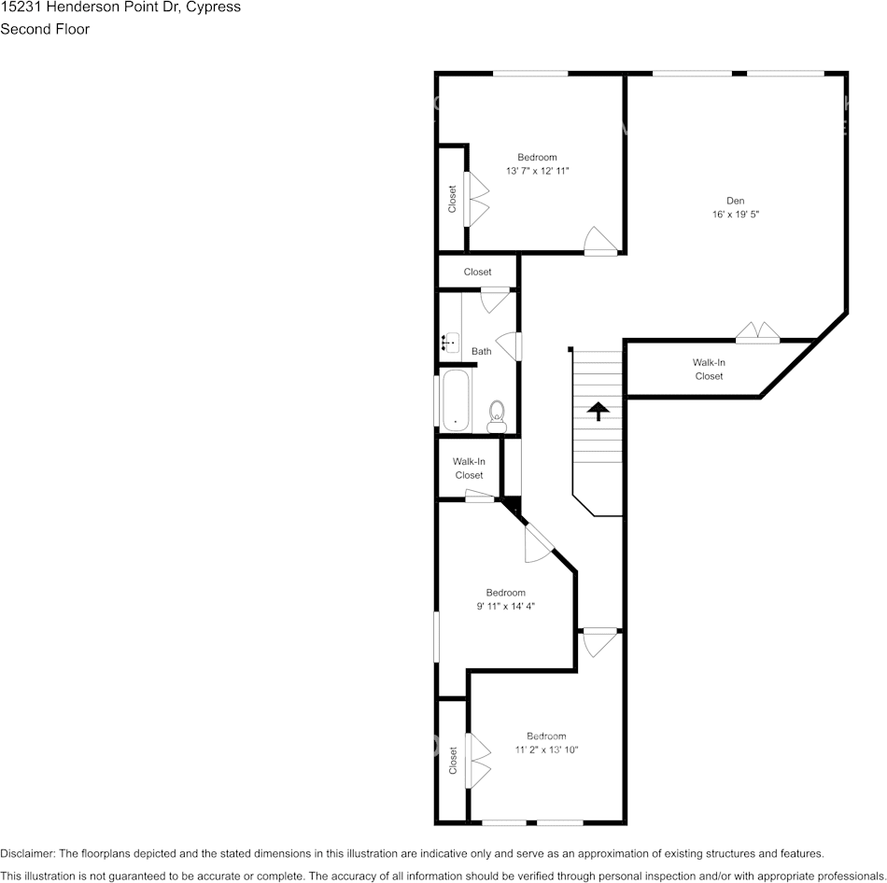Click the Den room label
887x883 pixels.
pos(736,200)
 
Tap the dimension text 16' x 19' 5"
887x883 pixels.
pos(736,214)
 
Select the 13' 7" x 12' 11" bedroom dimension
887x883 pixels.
pos(537,172)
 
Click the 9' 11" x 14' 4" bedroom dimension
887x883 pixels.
pos(505,607)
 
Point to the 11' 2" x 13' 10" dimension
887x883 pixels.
pos(546,750)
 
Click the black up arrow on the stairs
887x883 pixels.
pos(597,410)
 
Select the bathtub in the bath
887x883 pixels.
pos(456,401)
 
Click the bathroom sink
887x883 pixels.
pos(451,343)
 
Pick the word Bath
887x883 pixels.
pos(481,352)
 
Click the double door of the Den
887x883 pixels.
pos(757,332)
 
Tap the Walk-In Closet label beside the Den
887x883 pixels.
pos(709,370)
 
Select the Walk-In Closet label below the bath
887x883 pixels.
pos(469,469)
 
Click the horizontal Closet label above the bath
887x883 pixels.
pos(477,273)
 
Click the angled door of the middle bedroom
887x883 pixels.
pos(539,543)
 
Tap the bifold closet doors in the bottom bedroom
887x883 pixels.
pos(480,760)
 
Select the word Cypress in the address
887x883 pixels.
pos(210,7)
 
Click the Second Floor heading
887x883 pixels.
pos(45,29)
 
